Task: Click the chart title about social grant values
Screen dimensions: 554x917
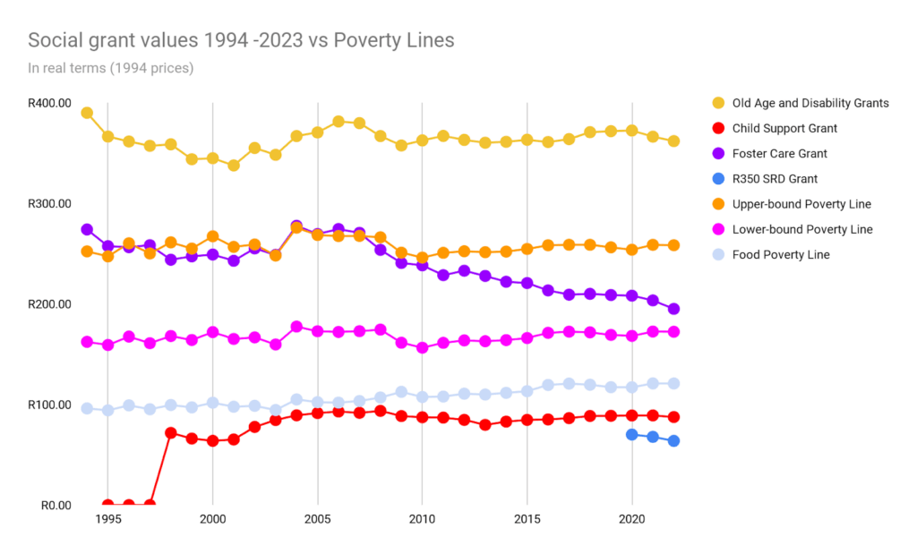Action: click(241, 40)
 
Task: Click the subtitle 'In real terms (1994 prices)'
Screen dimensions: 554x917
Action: click(110, 67)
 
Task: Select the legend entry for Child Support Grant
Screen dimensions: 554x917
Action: click(784, 128)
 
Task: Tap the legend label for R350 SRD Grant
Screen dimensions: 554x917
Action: click(775, 179)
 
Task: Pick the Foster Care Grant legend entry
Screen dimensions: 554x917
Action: click(779, 154)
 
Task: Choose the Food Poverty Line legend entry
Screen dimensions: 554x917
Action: click(781, 255)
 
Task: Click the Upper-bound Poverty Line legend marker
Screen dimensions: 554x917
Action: click(718, 204)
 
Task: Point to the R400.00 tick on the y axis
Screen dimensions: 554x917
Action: click(48, 103)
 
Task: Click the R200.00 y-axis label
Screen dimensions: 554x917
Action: click(48, 304)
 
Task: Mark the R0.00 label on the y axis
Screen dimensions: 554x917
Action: click(55, 506)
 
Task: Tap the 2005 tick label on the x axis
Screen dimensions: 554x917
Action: click(317, 519)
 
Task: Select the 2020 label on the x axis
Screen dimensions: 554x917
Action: click(632, 519)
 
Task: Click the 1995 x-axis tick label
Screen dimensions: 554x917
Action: click(107, 519)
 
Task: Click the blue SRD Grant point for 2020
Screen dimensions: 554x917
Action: click(632, 434)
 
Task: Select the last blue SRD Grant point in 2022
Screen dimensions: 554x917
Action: click(673, 440)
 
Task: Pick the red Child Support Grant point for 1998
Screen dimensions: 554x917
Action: click(171, 432)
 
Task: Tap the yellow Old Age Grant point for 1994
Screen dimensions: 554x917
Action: click(87, 113)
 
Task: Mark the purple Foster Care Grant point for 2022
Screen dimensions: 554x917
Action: click(673, 309)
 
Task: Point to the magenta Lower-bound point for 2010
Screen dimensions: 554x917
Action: click(422, 348)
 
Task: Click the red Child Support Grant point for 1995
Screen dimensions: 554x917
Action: click(108, 505)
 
